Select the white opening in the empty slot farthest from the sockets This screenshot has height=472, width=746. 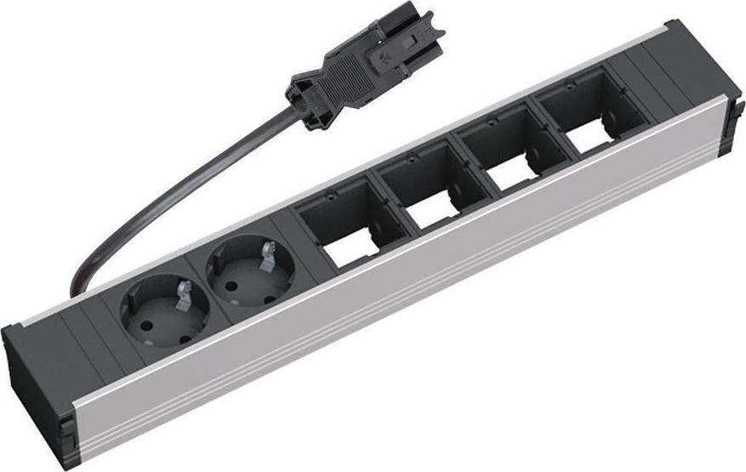(x=587, y=136)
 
